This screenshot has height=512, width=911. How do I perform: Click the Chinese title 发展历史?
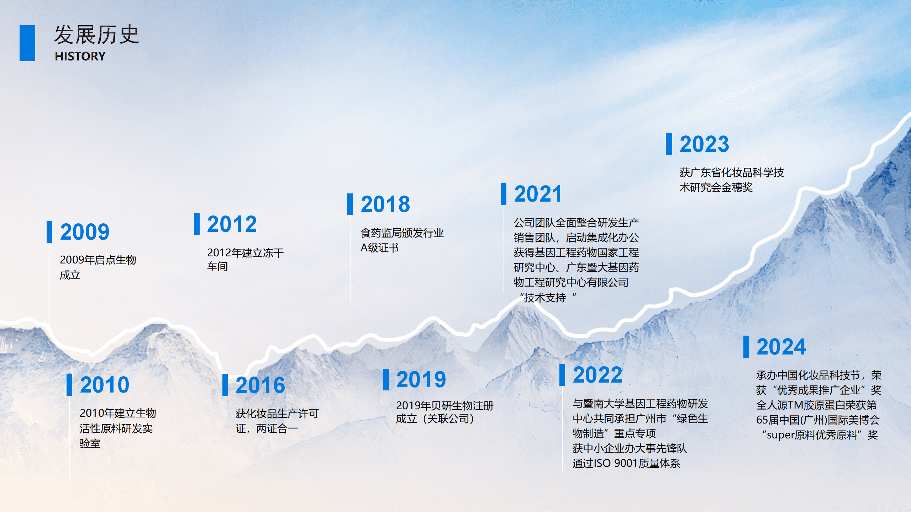pyautogui.click(x=96, y=35)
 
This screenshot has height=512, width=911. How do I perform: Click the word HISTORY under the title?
pyautogui.click(x=80, y=56)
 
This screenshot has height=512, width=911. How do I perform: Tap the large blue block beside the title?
pyautogui.click(x=27, y=43)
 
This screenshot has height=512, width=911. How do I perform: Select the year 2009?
pyautogui.click(x=85, y=232)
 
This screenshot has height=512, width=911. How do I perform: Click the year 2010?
pyautogui.click(x=105, y=385)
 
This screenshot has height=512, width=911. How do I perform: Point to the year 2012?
pyautogui.click(x=232, y=224)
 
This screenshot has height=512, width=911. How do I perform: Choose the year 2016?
pyautogui.click(x=260, y=385)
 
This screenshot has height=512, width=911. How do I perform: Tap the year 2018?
pyautogui.click(x=385, y=204)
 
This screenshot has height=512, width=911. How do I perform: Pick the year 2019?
pyautogui.click(x=421, y=379)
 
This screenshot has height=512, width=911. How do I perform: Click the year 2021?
pyautogui.click(x=538, y=194)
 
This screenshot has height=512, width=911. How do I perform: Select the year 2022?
pyautogui.click(x=597, y=375)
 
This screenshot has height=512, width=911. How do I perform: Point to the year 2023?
pyautogui.click(x=704, y=144)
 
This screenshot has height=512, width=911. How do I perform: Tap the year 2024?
pyautogui.click(x=781, y=347)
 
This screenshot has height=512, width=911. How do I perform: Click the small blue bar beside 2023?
pyautogui.click(x=669, y=144)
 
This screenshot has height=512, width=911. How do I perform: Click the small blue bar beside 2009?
pyautogui.click(x=49, y=232)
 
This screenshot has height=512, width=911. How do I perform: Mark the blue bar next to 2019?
pyautogui.click(x=386, y=379)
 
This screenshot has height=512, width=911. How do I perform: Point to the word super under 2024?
pyautogui.click(x=780, y=435)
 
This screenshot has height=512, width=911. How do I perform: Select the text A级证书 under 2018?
pyautogui.click(x=379, y=248)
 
